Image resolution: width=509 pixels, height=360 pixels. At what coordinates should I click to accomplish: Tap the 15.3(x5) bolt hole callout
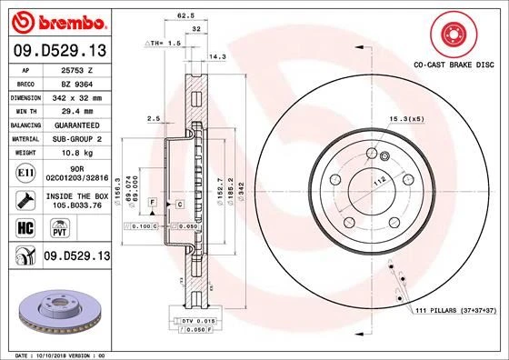(x=406, y=120)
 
